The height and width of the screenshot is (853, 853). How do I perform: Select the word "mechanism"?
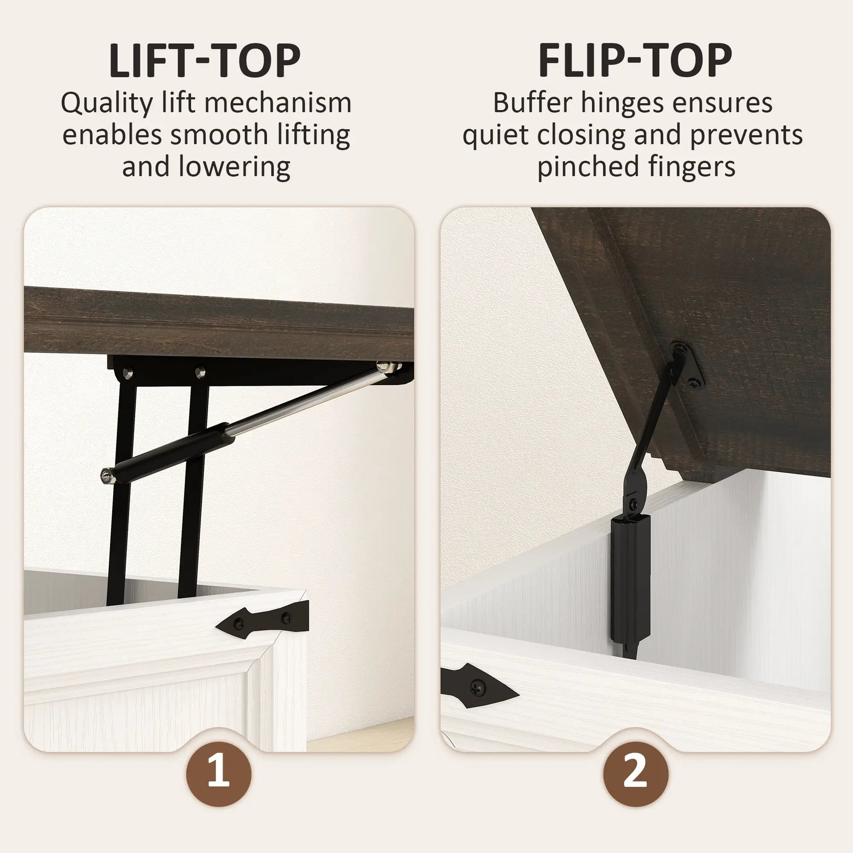tap(278, 103)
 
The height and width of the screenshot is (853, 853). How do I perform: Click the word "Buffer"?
tap(532, 103)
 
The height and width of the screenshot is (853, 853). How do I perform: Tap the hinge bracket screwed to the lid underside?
tap(687, 366)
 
